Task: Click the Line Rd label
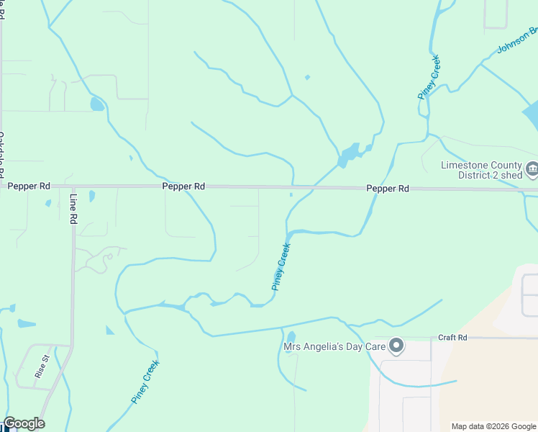[73, 209]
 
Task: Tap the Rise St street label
[42, 366]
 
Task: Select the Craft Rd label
[453, 338]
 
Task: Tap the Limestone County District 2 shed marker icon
[532, 170]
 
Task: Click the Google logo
[24, 423]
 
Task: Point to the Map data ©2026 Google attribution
[493, 426]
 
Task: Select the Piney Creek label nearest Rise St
[145, 382]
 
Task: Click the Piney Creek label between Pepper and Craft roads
[281, 266]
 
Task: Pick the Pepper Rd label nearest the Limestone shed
[387, 189]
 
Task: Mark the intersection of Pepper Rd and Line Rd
[73, 186]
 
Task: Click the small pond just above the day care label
[291, 337]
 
